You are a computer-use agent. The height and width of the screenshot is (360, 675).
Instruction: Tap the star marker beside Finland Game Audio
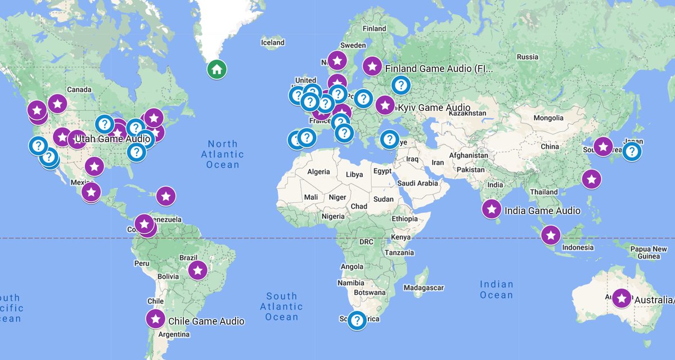(x=372, y=66)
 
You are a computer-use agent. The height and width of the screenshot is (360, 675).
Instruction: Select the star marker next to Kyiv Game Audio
(x=385, y=105)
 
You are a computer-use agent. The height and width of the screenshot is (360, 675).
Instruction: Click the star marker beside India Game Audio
(x=492, y=209)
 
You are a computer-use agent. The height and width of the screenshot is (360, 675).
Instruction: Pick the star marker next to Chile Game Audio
(x=155, y=319)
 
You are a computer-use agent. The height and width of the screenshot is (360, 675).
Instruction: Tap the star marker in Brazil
(x=197, y=270)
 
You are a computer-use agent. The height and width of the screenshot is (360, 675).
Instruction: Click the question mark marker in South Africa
(x=357, y=320)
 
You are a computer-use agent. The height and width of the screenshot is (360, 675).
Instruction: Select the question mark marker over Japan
(x=632, y=151)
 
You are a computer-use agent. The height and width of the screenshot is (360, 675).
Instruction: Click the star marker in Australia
(x=622, y=298)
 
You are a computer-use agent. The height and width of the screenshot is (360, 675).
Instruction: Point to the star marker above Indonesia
(x=551, y=235)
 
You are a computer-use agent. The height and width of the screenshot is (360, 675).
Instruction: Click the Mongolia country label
(x=548, y=118)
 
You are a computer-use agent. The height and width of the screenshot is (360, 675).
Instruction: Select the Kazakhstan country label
(x=467, y=113)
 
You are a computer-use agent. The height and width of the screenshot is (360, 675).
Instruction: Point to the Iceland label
(x=273, y=42)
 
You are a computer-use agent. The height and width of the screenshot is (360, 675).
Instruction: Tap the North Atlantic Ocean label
(x=222, y=154)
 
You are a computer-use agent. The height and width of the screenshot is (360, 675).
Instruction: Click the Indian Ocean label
(x=497, y=290)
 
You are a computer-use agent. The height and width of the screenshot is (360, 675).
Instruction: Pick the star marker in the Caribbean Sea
(x=165, y=196)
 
